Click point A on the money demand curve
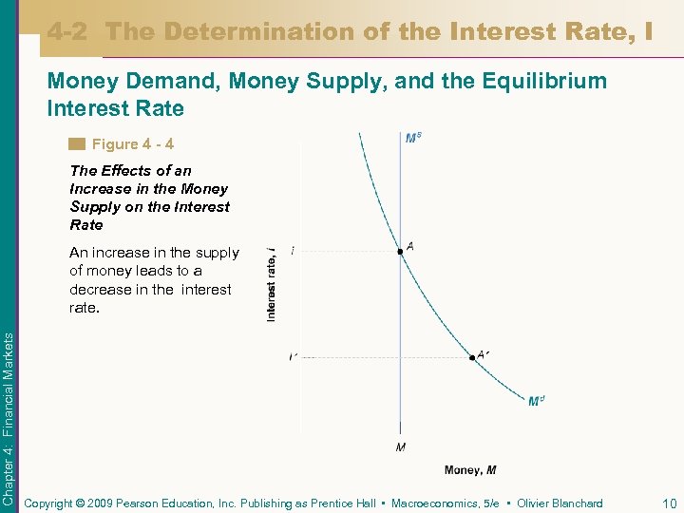pos(400,252)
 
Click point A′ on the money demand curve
pos(472,358)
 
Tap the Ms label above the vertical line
pos(413,139)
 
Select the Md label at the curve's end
pos(536,401)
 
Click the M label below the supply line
pos(400,446)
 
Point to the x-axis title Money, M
pos(469,470)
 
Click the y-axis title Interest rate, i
pos(272,283)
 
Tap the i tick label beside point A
pos(293,251)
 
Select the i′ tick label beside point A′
pos(293,357)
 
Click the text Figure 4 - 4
pos(132,144)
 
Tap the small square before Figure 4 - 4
pos(77,144)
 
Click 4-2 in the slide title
pos(69,32)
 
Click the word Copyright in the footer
pos(49,503)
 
